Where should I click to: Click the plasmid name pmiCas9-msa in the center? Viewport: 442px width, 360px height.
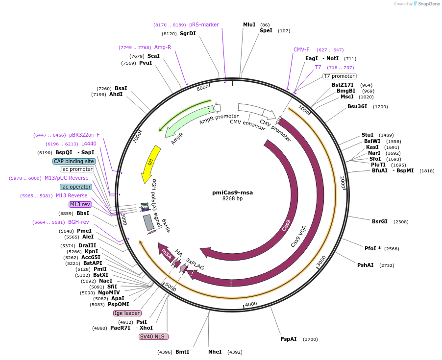pos(232,192)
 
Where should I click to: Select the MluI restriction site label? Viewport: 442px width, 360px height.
pos(249,24)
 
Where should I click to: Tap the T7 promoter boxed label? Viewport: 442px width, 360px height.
pos(339,76)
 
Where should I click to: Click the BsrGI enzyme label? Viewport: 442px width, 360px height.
pos(380,221)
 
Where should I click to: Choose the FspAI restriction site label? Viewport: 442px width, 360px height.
pos(289,339)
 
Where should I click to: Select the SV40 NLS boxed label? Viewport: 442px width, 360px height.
pos(153,336)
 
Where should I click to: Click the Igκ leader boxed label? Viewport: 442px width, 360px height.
pos(127,313)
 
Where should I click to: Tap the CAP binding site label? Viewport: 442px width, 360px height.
pos(74,161)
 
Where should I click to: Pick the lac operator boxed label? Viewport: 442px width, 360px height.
pos(76,187)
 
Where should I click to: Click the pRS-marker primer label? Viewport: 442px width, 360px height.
pos(204,24)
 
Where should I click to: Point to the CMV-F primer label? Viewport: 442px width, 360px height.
pos(301,49)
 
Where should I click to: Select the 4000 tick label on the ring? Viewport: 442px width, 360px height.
pos(251,304)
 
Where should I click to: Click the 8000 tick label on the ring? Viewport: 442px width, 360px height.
pos(203,88)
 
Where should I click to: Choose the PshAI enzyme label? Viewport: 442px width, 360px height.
pos(366,265)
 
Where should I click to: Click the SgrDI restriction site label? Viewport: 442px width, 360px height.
pos(188,33)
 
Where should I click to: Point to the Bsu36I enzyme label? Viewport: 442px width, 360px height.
pos(357,106)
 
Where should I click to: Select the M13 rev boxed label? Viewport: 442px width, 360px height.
pos(80,204)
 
